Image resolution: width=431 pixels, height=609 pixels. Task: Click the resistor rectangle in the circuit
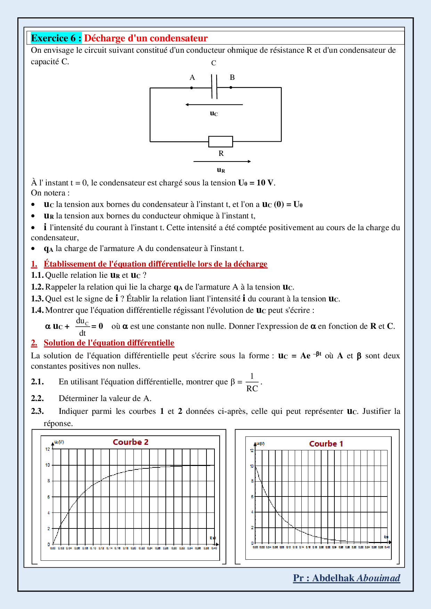(220, 142)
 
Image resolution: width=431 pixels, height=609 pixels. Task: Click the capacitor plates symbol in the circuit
(214, 87)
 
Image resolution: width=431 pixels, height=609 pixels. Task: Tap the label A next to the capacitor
(192, 77)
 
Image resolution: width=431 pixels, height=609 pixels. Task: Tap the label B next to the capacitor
(232, 77)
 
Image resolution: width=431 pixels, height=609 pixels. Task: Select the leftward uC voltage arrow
(214, 105)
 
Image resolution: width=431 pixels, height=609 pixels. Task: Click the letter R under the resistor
(221, 153)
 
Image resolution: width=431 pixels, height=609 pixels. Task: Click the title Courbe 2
(131, 442)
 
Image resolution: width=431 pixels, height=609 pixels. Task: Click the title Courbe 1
(326, 444)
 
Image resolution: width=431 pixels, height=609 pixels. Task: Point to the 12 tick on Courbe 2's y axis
(48, 449)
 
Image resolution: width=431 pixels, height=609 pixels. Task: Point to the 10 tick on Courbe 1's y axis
(252, 466)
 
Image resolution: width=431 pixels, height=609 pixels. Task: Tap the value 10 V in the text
(265, 183)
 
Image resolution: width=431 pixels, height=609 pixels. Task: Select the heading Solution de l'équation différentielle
(109, 343)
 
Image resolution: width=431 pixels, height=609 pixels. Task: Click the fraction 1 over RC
(252, 382)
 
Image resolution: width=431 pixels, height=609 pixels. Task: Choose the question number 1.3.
(37, 299)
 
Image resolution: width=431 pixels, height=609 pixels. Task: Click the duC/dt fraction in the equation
(82, 327)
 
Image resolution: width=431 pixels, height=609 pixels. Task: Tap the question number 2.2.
(37, 398)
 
